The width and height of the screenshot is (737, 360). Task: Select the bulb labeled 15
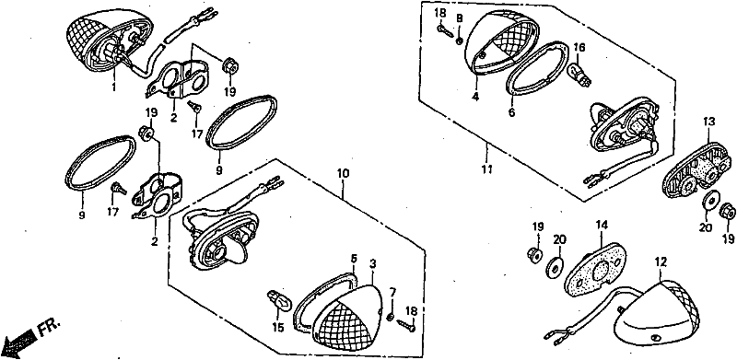click(277, 300)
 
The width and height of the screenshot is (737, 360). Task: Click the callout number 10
click(343, 173)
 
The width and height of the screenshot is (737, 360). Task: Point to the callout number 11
click(487, 168)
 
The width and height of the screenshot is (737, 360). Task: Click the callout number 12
click(661, 262)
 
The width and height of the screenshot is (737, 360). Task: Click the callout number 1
click(113, 87)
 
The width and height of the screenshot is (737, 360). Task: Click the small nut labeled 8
click(459, 41)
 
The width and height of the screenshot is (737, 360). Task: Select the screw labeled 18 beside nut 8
click(444, 30)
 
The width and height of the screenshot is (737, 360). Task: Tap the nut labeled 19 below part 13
click(728, 210)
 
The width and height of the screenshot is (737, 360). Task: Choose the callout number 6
click(511, 112)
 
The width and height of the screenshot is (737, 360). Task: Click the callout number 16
click(579, 48)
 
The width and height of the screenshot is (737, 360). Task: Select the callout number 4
click(475, 99)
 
